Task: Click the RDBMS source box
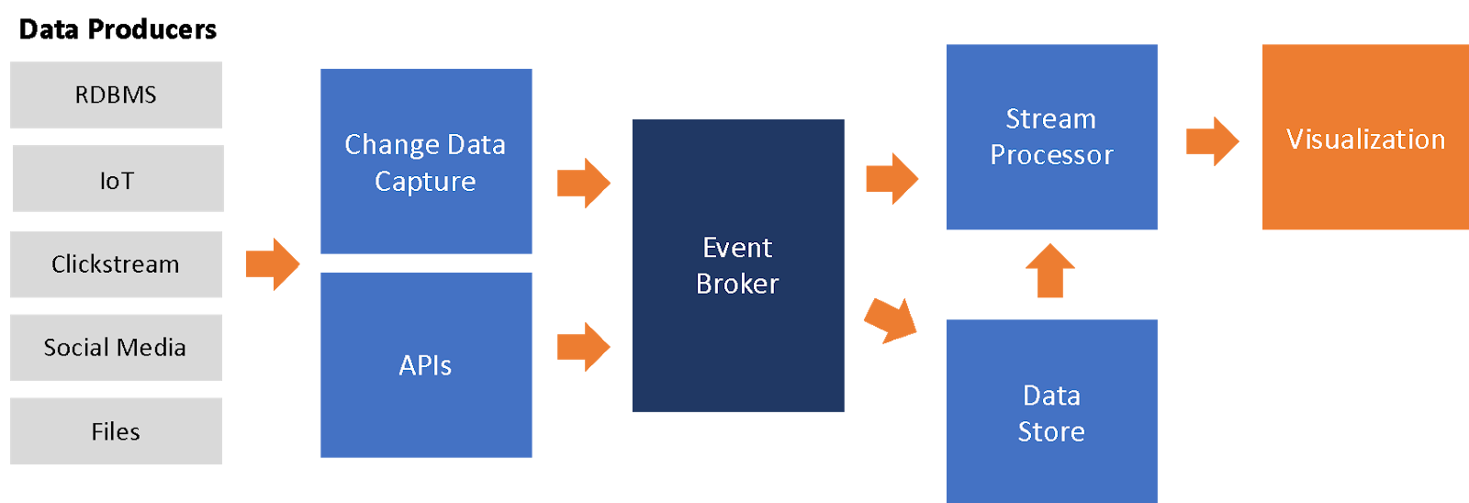click(x=116, y=95)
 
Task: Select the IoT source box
click(x=118, y=179)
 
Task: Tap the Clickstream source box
click(x=116, y=264)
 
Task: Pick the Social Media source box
click(x=116, y=347)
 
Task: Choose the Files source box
click(x=116, y=430)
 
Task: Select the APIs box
click(x=426, y=365)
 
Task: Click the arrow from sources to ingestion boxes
click(x=273, y=264)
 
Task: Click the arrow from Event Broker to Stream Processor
click(x=891, y=178)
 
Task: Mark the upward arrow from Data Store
click(x=1049, y=272)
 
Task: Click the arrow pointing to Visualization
click(x=1212, y=141)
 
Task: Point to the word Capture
click(x=425, y=182)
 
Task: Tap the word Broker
click(x=737, y=284)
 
